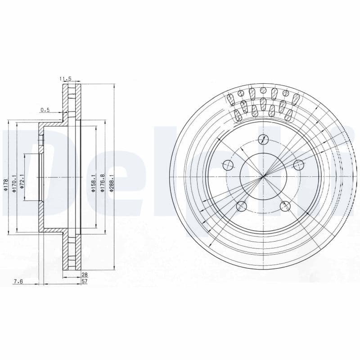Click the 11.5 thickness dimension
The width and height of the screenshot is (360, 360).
pos(66,79)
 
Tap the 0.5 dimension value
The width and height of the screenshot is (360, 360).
pos(45,110)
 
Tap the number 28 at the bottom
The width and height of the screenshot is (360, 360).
pos(84,274)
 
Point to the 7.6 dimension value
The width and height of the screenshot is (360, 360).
pos(18,281)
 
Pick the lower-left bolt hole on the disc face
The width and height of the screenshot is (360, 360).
pos(242,207)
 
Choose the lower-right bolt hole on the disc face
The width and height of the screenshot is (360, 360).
pos(285,207)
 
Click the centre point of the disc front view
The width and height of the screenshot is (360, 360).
pos(263,176)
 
